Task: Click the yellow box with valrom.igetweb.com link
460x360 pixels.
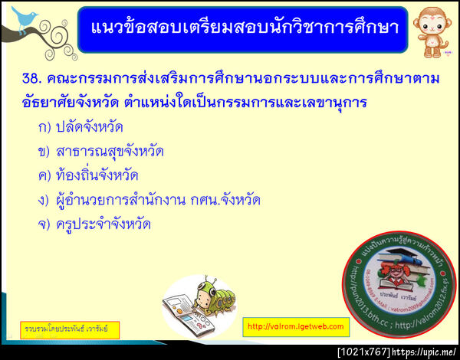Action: pos(296,326)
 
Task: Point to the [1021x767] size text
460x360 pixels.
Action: pos(363,352)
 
